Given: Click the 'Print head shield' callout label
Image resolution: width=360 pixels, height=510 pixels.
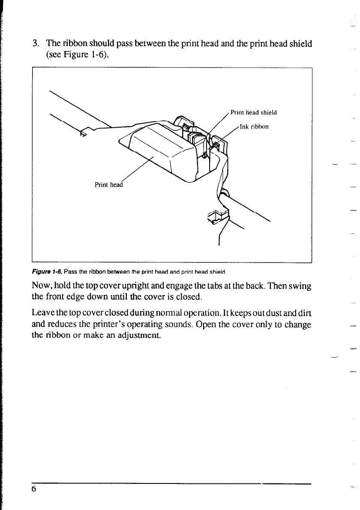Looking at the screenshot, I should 254,113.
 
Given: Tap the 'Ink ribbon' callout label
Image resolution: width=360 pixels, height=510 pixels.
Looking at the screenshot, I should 254,126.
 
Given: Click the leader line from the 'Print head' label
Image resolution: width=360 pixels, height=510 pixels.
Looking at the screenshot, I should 137,169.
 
